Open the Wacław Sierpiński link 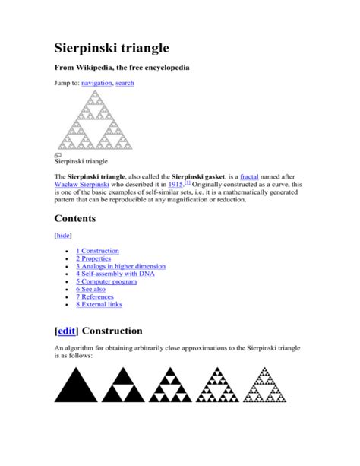(x=87, y=185)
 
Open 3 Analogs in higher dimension (x=121, y=267)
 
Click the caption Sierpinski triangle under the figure (x=81, y=161)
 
